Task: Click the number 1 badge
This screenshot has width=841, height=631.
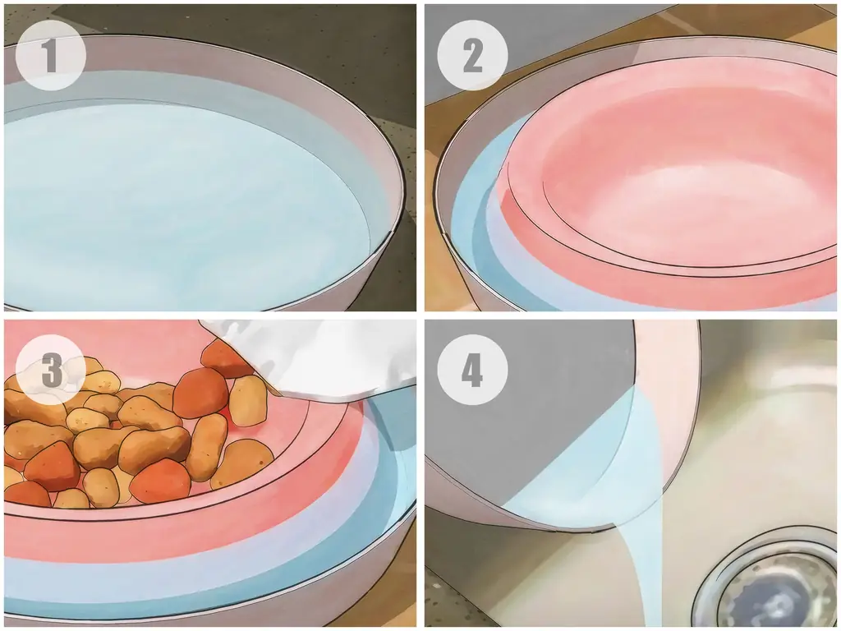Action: click(51, 55)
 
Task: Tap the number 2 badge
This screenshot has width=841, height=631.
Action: click(472, 55)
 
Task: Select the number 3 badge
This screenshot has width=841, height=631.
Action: click(51, 370)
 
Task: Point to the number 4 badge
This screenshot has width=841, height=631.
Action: click(472, 370)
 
